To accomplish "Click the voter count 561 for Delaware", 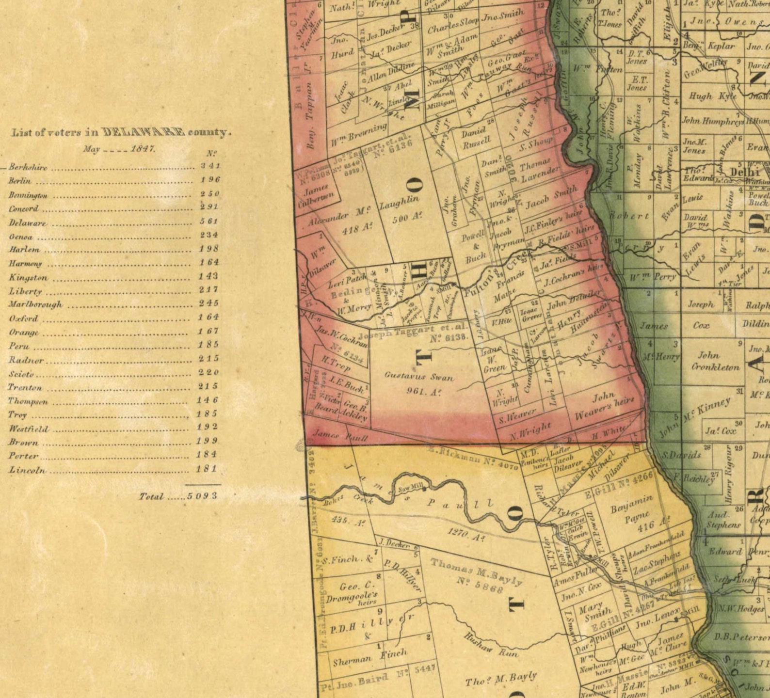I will point(209,221).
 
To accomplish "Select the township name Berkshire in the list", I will point(28,168).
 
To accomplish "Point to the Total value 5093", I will point(202,496).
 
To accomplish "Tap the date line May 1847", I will point(119,149).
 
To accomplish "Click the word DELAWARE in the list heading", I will point(144,132).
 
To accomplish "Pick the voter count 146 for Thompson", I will point(208,400).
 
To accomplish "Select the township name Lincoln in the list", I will point(28,470).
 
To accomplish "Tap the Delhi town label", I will point(744,172).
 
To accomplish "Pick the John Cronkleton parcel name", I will point(715,361).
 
